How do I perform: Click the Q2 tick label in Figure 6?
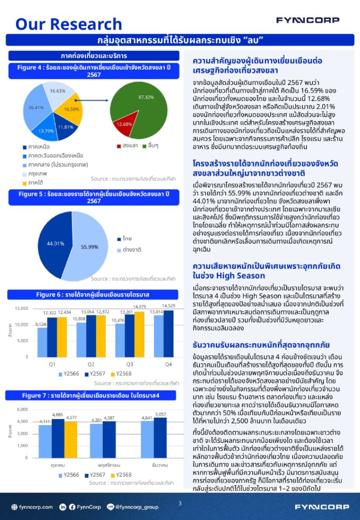90,364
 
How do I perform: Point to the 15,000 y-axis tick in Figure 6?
21,309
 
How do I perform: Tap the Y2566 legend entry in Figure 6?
69,374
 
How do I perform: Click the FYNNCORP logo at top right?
307,20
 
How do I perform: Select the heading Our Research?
69,24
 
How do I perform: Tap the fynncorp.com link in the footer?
33,507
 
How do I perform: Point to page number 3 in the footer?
180,504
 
